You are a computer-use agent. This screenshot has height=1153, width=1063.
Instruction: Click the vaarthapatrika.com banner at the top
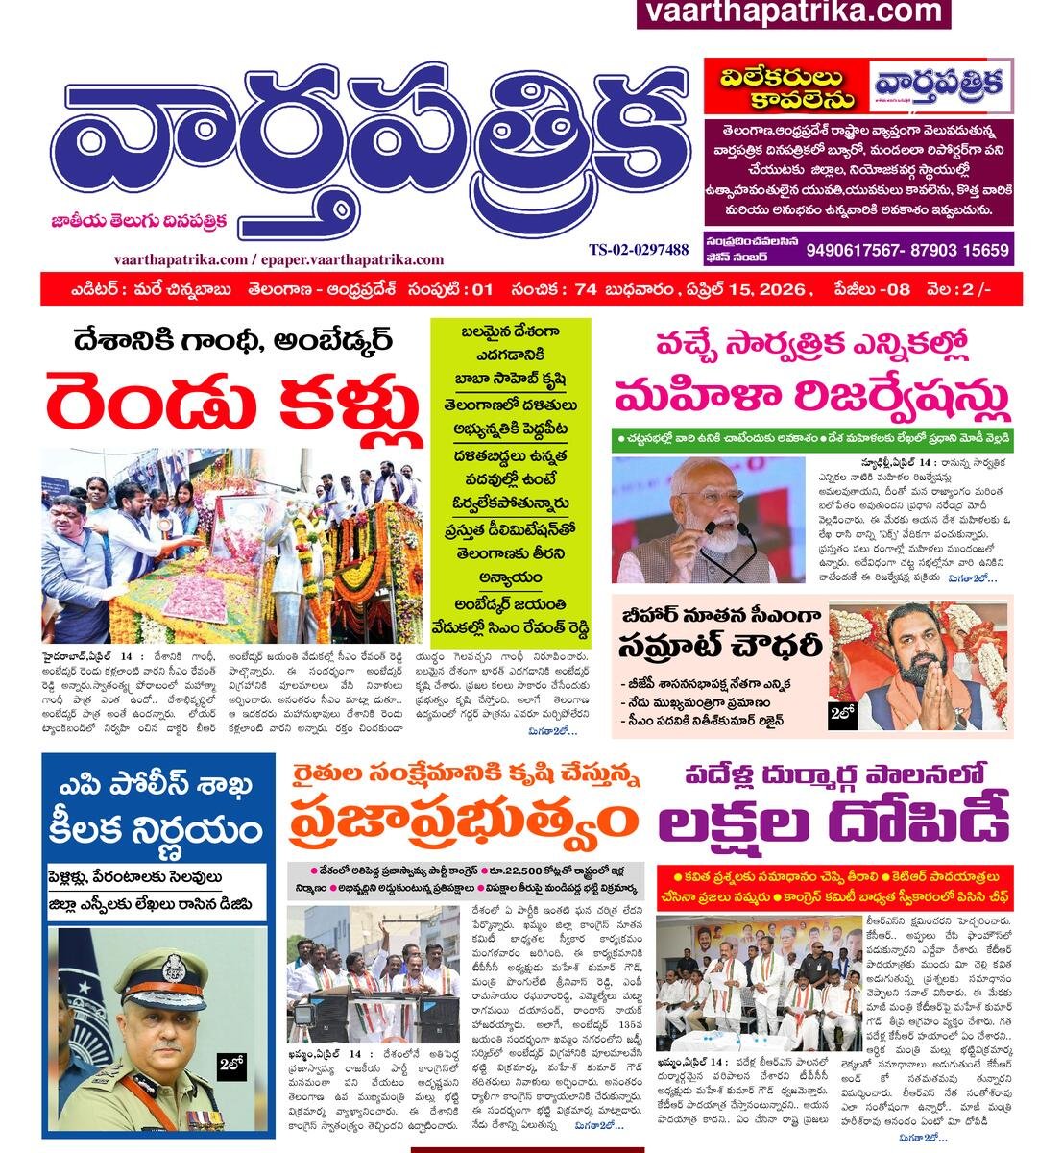click(x=793, y=12)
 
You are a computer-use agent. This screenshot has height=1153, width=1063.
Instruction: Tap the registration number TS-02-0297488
click(x=639, y=250)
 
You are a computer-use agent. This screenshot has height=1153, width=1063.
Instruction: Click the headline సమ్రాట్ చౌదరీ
click(x=718, y=644)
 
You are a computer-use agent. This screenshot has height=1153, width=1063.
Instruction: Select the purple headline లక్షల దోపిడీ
click(x=834, y=822)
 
